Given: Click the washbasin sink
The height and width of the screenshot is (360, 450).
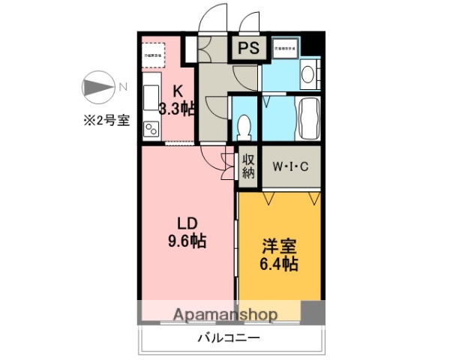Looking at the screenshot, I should click(307, 74).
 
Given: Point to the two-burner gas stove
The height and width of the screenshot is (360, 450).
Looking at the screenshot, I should click(151, 129).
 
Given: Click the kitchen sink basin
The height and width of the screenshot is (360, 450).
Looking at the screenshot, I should click(150, 94).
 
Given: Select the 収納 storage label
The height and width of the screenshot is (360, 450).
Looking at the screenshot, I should click(249, 166).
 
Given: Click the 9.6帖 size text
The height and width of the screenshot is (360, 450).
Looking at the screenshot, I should click(187, 241).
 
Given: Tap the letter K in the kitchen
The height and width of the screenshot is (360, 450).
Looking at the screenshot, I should click(178, 91).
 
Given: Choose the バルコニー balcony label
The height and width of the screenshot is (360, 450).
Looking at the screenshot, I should click(229, 337).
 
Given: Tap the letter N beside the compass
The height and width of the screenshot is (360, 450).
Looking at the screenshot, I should click(122, 87).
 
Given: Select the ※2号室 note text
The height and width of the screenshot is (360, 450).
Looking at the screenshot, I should click(105, 121).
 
